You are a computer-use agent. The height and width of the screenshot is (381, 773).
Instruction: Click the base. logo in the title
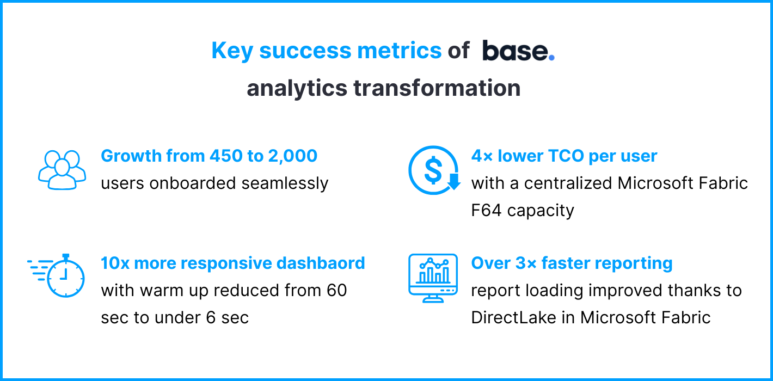(x=518, y=51)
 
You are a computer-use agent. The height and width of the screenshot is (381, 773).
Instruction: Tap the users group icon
(x=62, y=169)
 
